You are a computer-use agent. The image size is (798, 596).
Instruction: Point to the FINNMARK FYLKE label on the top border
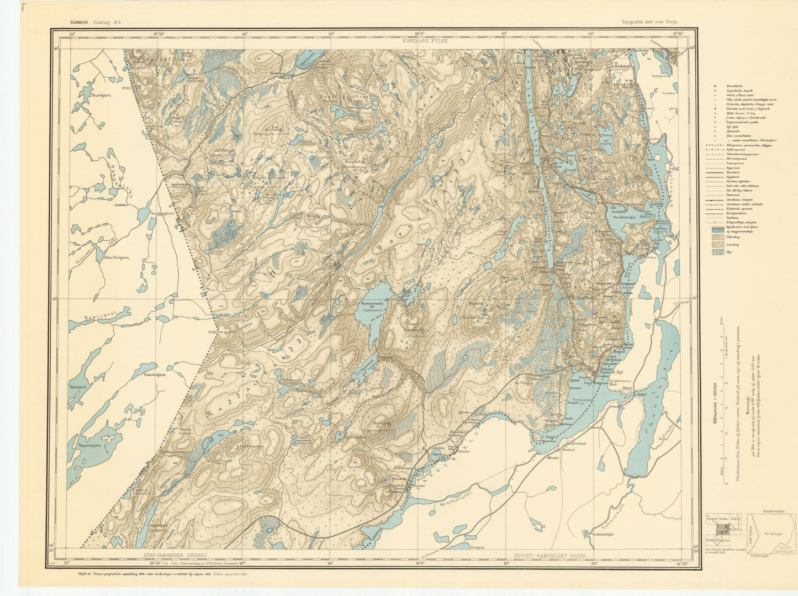(x=425, y=41)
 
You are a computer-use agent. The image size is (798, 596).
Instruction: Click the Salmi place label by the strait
(x=641, y=394)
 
